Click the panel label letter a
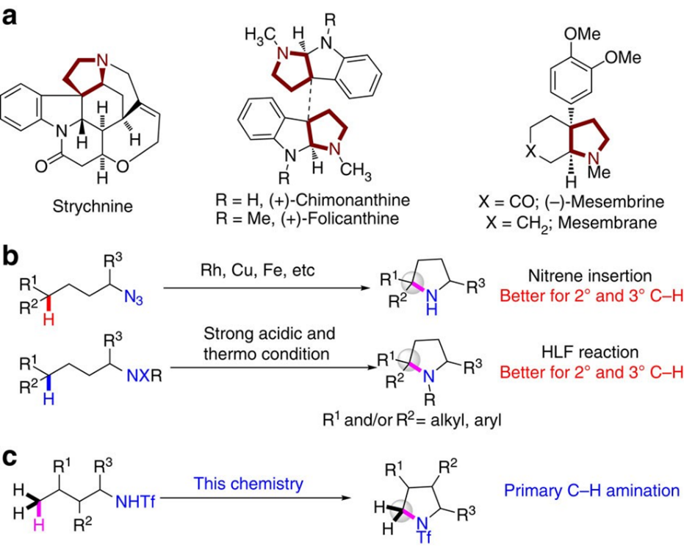pyautogui.click(x=11, y=15)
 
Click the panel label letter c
pyautogui.click(x=11, y=453)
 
